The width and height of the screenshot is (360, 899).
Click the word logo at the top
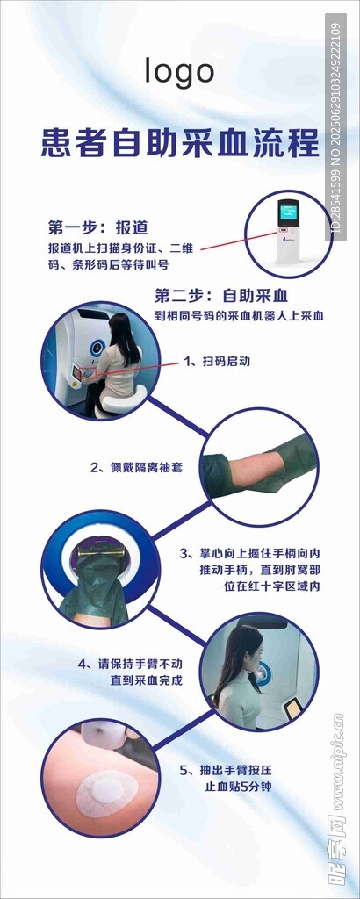(x=179, y=72)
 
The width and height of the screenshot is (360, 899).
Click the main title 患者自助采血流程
(x=179, y=143)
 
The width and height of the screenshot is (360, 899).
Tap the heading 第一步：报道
(x=98, y=227)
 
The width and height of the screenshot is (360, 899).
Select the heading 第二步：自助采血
(x=221, y=296)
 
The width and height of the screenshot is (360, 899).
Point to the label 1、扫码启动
(x=217, y=362)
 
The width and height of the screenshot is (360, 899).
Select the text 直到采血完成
(x=146, y=681)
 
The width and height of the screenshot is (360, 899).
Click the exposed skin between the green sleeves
(x=255, y=464)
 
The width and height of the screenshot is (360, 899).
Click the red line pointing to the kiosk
(x=239, y=241)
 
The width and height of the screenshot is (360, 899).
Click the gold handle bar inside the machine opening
(x=101, y=554)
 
